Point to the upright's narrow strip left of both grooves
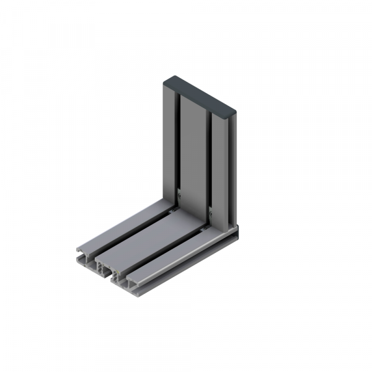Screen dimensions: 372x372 click(169, 139)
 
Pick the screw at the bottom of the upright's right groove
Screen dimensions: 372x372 click(211, 213)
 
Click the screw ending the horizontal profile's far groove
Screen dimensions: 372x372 click(172, 210)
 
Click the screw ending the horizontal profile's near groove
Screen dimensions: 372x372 click(205, 229)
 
